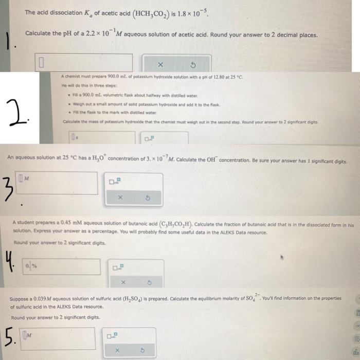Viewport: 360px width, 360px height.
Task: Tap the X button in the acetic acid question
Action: point(160,64)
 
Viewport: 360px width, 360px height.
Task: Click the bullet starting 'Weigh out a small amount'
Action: point(149,104)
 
